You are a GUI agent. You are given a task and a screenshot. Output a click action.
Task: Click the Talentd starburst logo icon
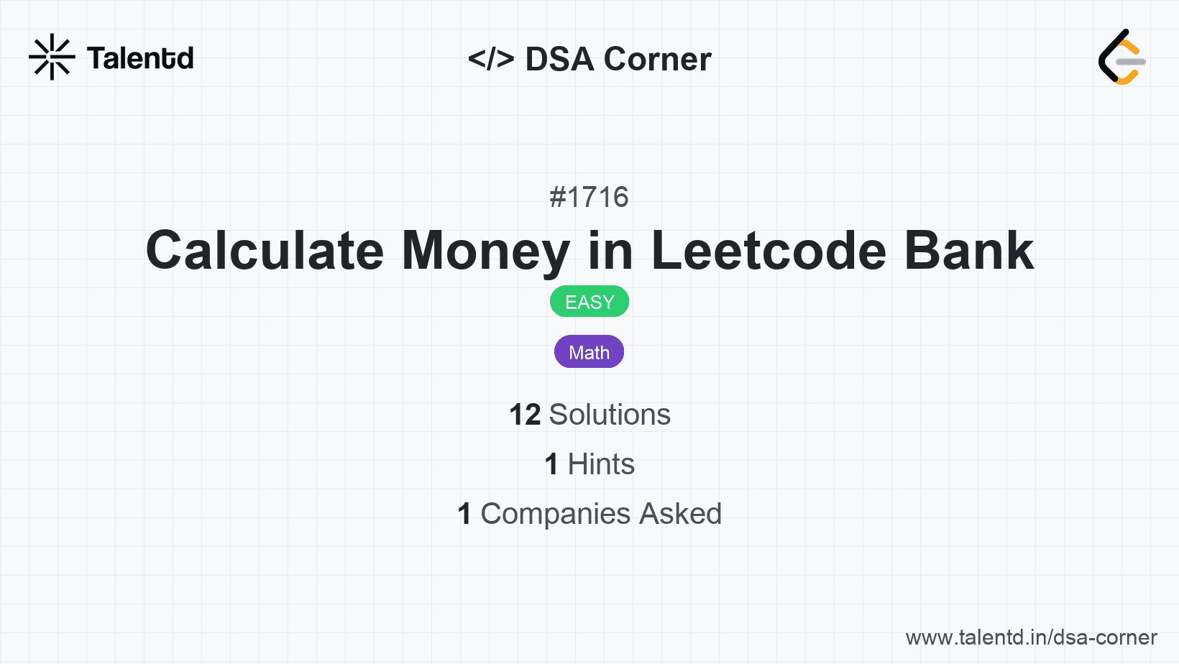52,57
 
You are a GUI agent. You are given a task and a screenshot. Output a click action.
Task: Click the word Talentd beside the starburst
140,58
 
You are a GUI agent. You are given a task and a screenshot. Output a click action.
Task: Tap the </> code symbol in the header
491,58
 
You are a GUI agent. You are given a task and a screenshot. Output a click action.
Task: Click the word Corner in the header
657,59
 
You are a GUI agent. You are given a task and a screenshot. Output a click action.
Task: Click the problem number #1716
589,198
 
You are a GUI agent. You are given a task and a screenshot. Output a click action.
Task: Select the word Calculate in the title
265,251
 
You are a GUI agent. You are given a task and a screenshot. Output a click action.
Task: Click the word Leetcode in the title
769,251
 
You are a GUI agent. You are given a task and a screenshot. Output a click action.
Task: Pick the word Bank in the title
969,251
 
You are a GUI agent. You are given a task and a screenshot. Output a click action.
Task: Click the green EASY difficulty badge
589,302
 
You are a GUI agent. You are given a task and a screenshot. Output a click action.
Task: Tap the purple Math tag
589,351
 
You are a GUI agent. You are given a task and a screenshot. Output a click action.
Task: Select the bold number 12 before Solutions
525,415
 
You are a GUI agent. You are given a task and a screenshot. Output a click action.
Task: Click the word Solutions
610,415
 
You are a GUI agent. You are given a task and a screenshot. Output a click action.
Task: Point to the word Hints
601,464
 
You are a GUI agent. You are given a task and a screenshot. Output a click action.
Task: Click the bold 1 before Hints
551,464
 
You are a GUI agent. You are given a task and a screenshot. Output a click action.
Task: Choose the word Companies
555,514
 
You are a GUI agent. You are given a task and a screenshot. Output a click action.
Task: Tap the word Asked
681,514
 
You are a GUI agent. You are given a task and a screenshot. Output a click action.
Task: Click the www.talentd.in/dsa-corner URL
1031,637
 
